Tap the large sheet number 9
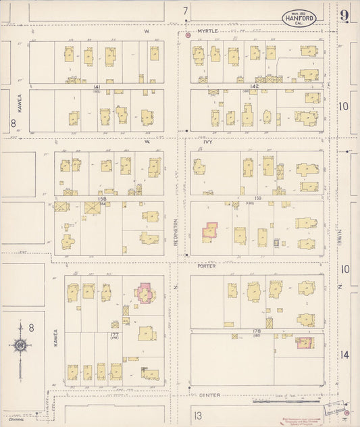click(344, 16)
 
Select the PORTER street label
click(206, 266)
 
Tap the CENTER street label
click(206, 395)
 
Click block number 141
click(97, 88)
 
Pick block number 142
click(254, 87)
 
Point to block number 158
click(103, 199)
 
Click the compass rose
click(21, 347)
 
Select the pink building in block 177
click(145, 293)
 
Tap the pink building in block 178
click(305, 343)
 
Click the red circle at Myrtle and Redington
click(188, 34)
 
